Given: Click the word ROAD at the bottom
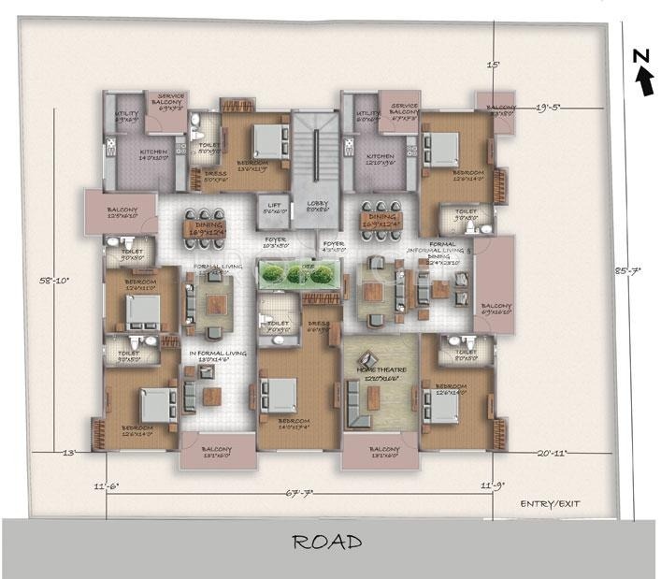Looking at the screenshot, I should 327,542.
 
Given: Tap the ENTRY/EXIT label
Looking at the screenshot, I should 550,503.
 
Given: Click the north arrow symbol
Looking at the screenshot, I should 643,77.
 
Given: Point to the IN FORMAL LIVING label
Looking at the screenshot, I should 217,354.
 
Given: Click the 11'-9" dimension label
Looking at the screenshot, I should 491,486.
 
